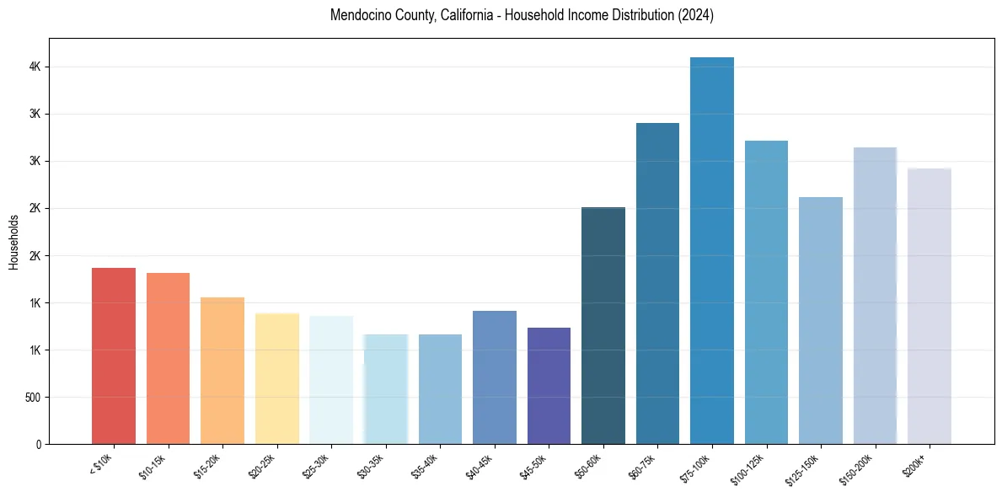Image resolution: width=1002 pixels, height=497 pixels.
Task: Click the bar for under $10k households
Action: click(114, 355)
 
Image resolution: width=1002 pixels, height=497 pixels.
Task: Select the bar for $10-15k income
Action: click(168, 358)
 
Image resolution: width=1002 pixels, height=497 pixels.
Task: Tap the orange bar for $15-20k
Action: click(222, 371)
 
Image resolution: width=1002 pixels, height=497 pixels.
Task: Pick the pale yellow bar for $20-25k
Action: click(276, 378)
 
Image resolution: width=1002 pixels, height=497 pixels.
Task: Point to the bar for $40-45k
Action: click(495, 377)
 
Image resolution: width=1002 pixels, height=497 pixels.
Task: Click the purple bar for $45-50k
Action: click(549, 386)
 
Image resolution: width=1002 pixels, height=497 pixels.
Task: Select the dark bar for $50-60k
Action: click(603, 325)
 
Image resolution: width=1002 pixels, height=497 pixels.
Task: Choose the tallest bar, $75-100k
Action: click(712, 250)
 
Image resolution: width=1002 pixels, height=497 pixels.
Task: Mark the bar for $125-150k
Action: click(821, 320)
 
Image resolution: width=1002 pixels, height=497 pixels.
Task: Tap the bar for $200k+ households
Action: click(930, 306)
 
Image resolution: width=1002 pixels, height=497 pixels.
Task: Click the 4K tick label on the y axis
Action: click(35, 67)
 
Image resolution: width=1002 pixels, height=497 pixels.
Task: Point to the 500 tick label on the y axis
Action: click(31, 397)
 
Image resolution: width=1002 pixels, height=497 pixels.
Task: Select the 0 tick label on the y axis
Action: click(39, 444)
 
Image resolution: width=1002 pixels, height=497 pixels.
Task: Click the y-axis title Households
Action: click(13, 242)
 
